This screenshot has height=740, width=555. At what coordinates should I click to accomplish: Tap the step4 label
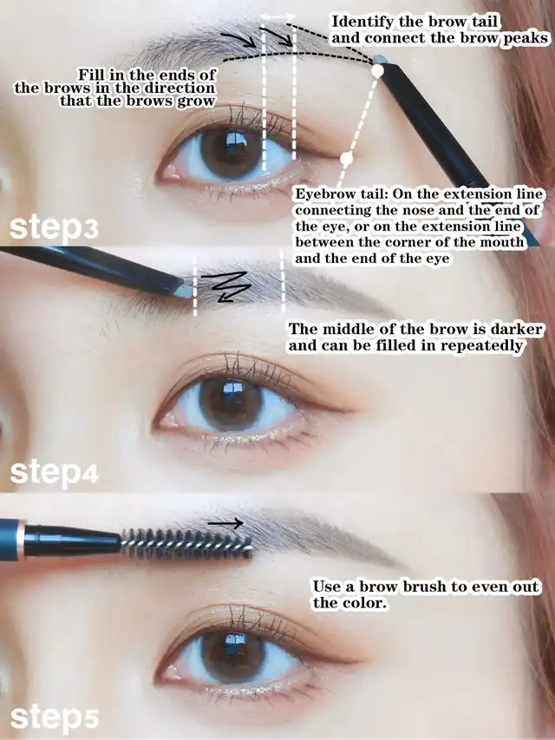pyautogui.click(x=55, y=474)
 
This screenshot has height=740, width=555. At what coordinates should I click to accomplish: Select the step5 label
pyautogui.click(x=55, y=718)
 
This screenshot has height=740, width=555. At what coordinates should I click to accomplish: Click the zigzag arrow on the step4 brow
pyautogui.click(x=224, y=286)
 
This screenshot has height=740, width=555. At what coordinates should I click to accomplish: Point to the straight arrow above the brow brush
pyautogui.click(x=225, y=523)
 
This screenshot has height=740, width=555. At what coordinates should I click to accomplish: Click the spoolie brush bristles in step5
pyautogui.click(x=186, y=544)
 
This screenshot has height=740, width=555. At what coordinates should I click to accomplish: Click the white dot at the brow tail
pyautogui.click(x=377, y=71)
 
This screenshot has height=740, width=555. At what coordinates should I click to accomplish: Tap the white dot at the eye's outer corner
pyautogui.click(x=346, y=159)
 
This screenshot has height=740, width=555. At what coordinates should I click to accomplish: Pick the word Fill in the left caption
pyautogui.click(x=89, y=75)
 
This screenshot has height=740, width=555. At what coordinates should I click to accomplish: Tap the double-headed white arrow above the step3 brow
pyautogui.click(x=278, y=17)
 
